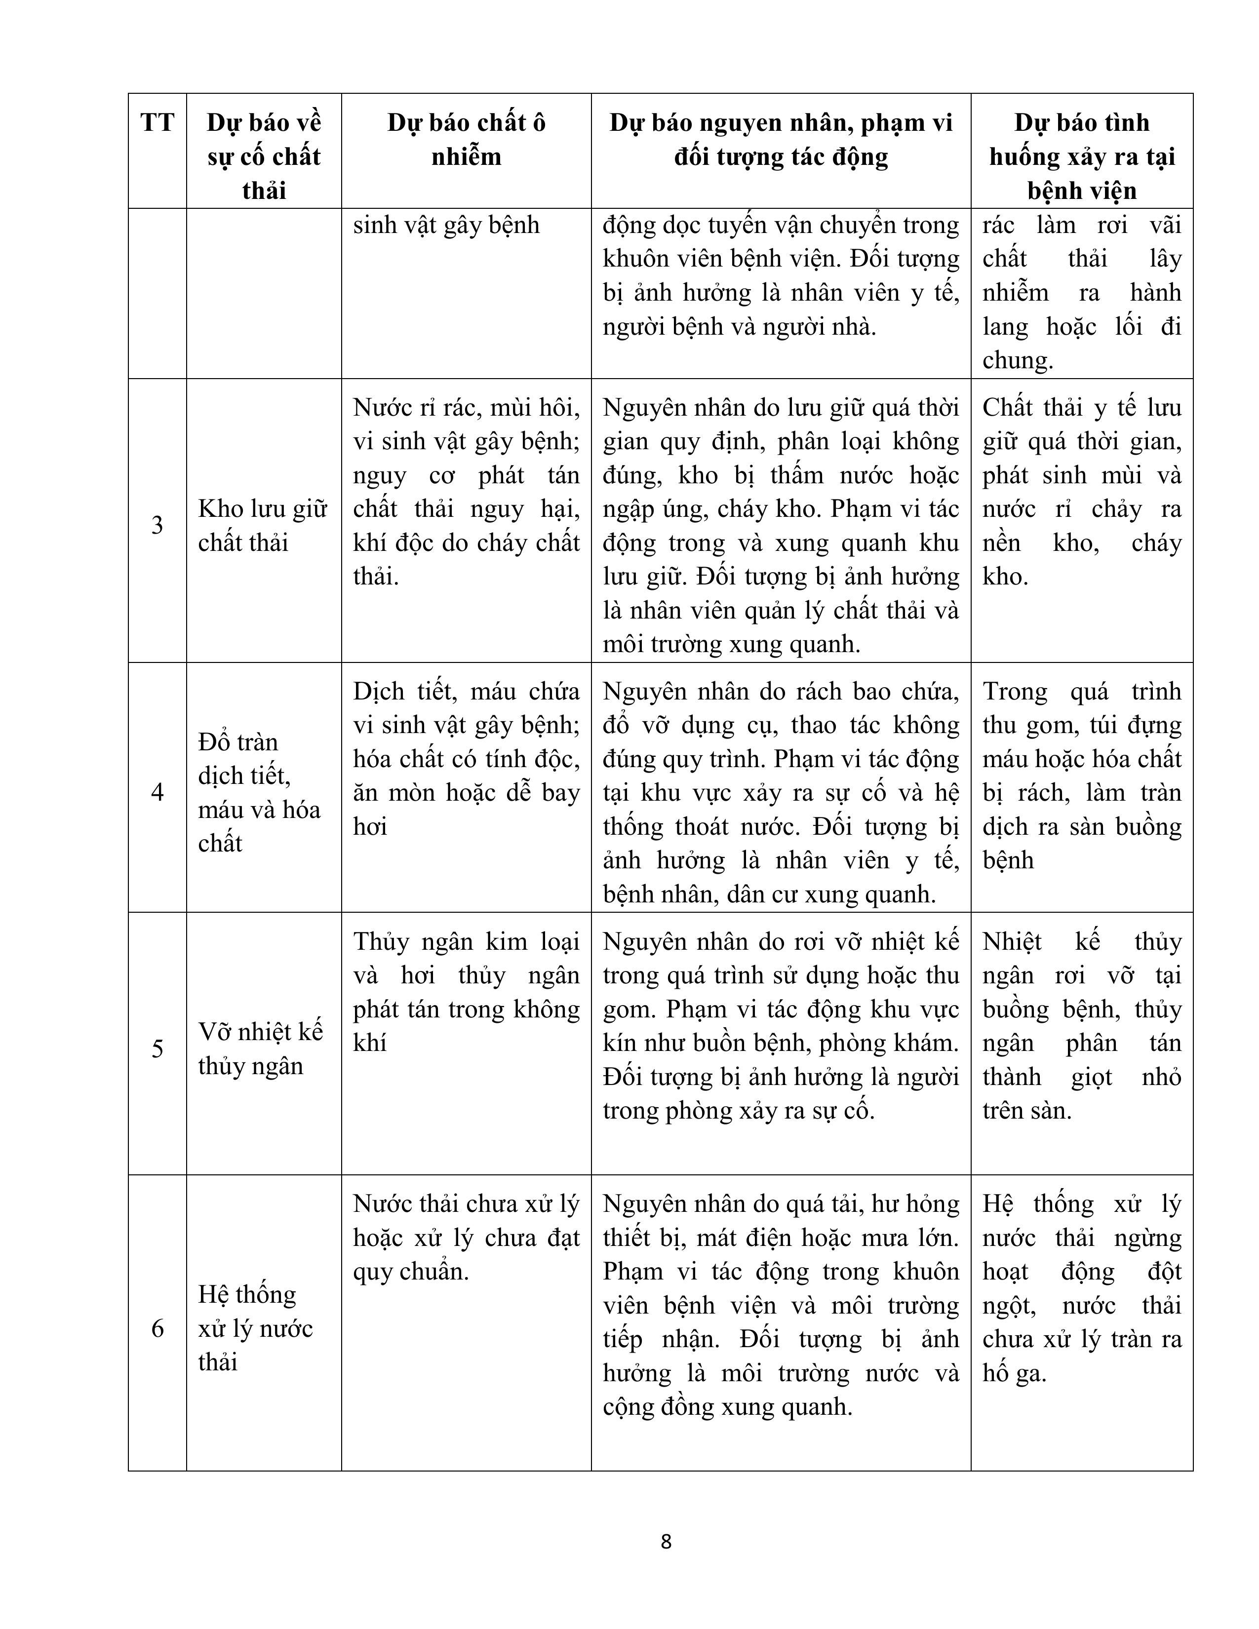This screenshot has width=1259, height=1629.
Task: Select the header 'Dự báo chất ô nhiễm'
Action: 466,140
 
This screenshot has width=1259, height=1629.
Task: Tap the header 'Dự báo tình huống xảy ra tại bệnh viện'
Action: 1081,156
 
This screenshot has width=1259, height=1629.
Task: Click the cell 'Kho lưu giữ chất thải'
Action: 263,525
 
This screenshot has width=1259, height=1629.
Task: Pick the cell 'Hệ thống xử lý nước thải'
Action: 255,1328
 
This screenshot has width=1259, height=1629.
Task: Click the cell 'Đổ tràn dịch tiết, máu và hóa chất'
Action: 259,792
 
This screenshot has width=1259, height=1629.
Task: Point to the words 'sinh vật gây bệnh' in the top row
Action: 446,225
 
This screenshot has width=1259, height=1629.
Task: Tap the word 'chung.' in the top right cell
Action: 1018,361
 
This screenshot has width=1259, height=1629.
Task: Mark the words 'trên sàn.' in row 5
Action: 1026,1111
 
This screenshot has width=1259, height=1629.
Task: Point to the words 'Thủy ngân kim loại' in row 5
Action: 466,942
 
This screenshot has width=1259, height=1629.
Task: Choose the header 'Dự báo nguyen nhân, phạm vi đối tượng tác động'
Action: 781,140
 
